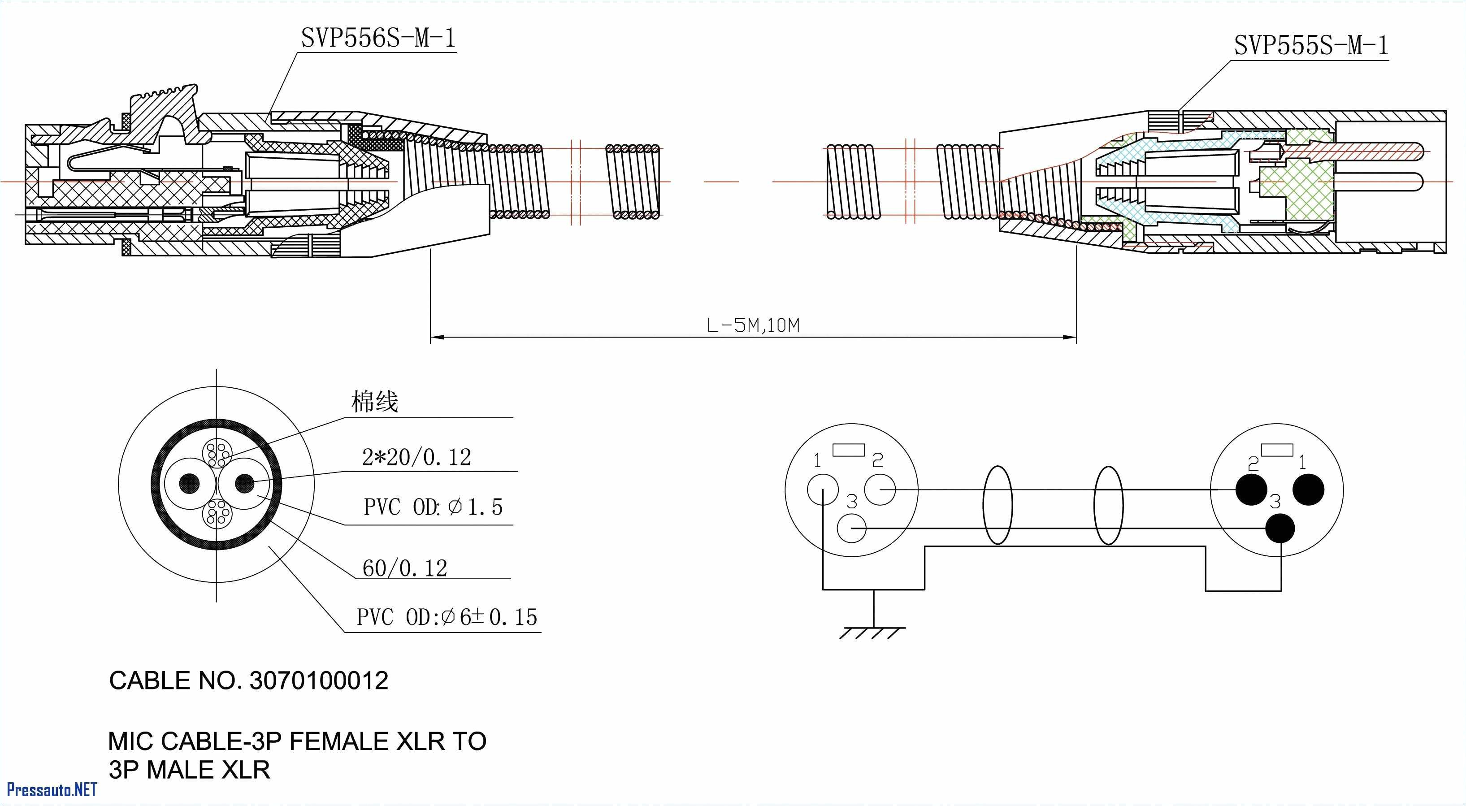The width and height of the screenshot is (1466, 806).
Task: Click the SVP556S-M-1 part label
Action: click(x=378, y=39)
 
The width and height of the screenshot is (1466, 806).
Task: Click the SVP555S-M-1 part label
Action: click(x=1310, y=46)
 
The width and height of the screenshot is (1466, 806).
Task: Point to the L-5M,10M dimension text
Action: click(x=753, y=325)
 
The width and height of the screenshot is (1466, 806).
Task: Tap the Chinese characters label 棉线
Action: click(x=374, y=402)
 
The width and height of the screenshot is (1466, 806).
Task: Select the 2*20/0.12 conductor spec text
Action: click(x=416, y=458)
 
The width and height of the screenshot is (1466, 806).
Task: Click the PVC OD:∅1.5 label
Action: click(x=433, y=507)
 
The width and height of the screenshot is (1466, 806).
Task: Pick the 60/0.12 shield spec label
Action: click(x=405, y=568)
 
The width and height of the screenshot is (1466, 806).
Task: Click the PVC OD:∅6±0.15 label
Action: click(x=447, y=617)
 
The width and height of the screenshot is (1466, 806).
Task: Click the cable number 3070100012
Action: click(x=319, y=681)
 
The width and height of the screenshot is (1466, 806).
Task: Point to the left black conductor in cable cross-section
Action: click(x=190, y=484)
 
